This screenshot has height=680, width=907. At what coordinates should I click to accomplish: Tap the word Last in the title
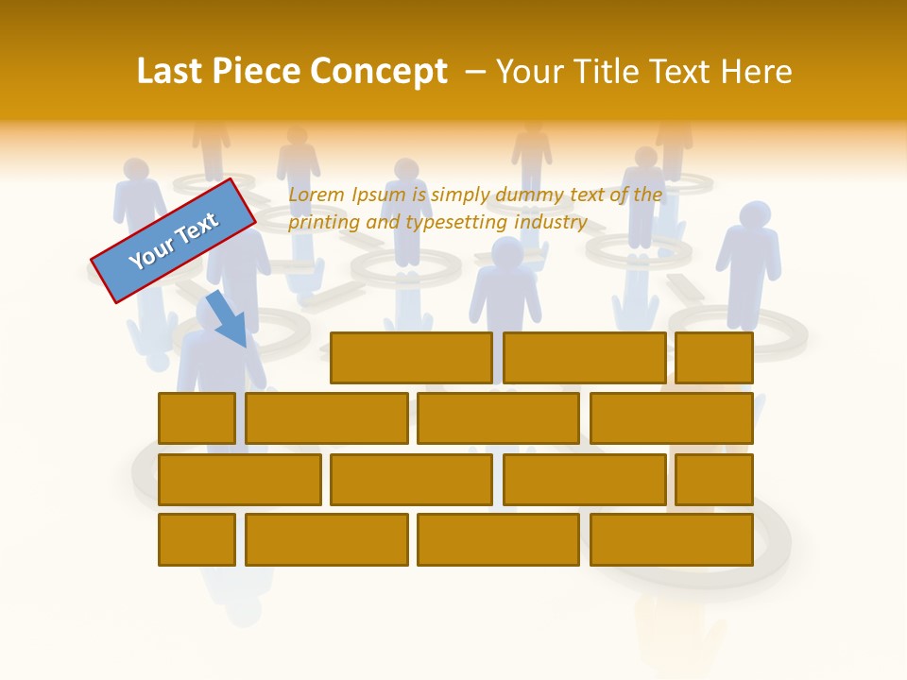click(x=171, y=73)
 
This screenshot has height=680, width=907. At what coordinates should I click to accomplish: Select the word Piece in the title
click(x=259, y=73)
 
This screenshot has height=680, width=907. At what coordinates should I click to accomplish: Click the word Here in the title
click(x=756, y=73)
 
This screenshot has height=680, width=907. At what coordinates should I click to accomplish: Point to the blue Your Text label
click(x=174, y=241)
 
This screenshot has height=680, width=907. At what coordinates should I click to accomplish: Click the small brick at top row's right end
click(x=714, y=358)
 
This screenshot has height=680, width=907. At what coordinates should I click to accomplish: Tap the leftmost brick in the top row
click(x=411, y=358)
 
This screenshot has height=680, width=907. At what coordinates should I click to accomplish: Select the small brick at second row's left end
click(x=197, y=418)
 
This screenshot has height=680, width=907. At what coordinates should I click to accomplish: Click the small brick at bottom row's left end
click(x=197, y=539)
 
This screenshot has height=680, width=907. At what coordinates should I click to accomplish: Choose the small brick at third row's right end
click(x=714, y=479)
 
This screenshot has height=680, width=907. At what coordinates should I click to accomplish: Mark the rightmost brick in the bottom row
click(x=672, y=539)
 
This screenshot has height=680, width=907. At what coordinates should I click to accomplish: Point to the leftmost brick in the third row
click(x=240, y=479)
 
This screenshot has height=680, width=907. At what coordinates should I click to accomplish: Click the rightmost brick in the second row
click(x=672, y=418)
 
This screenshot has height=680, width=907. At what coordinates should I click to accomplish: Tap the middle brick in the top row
click(x=584, y=358)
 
